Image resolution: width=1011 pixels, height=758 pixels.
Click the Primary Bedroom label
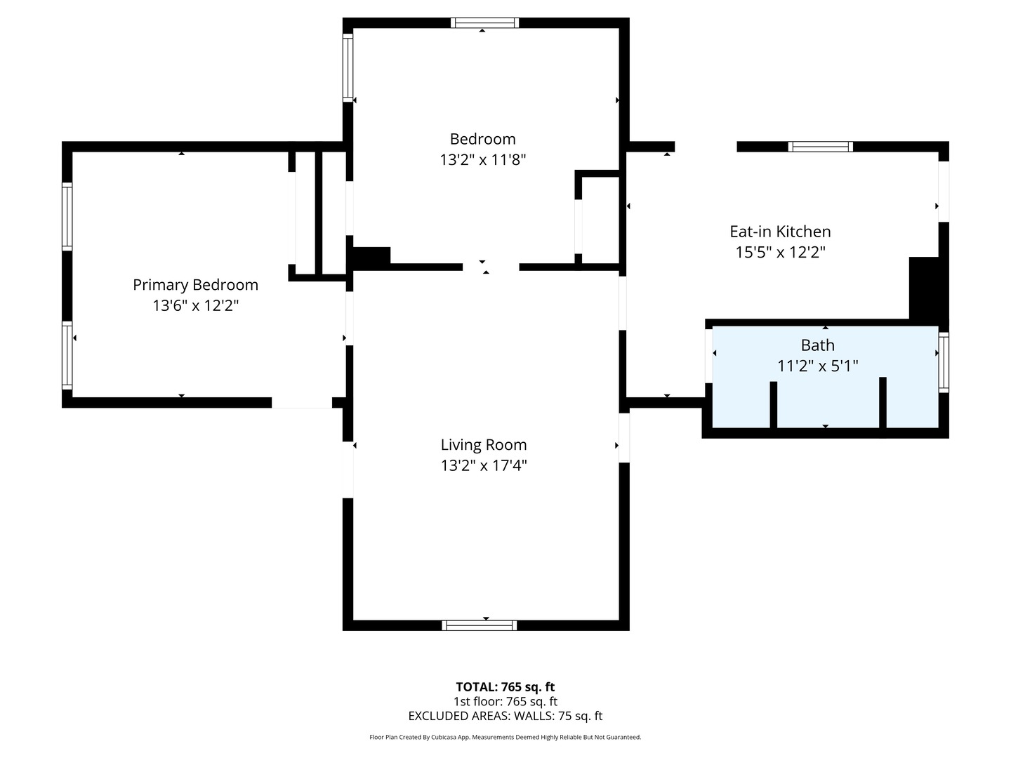coord(195,285)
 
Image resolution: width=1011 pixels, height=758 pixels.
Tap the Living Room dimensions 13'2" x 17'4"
coord(484,465)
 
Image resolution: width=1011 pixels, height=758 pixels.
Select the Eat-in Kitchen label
coord(780,232)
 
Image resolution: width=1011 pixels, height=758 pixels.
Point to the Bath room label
coord(817,345)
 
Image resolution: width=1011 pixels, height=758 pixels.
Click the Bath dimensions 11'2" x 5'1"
coord(817,366)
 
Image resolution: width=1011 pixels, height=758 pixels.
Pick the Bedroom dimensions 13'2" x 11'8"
coord(483,160)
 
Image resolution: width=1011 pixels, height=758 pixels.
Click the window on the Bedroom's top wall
coord(484,23)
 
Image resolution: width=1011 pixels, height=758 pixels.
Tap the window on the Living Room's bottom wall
coord(479,625)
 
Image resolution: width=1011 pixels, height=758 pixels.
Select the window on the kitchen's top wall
coord(820,147)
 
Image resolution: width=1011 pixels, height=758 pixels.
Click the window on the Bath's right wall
coord(944,363)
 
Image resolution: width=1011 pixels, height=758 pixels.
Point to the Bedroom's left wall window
coord(348,67)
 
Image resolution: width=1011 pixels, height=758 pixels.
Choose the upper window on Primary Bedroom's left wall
coord(67,217)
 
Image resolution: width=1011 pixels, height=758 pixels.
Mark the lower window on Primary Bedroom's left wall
coord(67,355)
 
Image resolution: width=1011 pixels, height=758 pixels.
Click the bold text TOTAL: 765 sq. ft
coord(505,687)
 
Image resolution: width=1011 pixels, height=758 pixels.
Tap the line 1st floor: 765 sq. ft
coord(505,701)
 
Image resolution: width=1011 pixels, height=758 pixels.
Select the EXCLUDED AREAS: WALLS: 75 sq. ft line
coord(505,716)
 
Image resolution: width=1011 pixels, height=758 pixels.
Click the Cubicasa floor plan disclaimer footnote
coord(505,737)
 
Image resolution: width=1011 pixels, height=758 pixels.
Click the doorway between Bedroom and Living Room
coord(491,267)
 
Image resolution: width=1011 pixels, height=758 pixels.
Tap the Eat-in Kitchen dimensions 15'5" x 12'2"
coord(780,252)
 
